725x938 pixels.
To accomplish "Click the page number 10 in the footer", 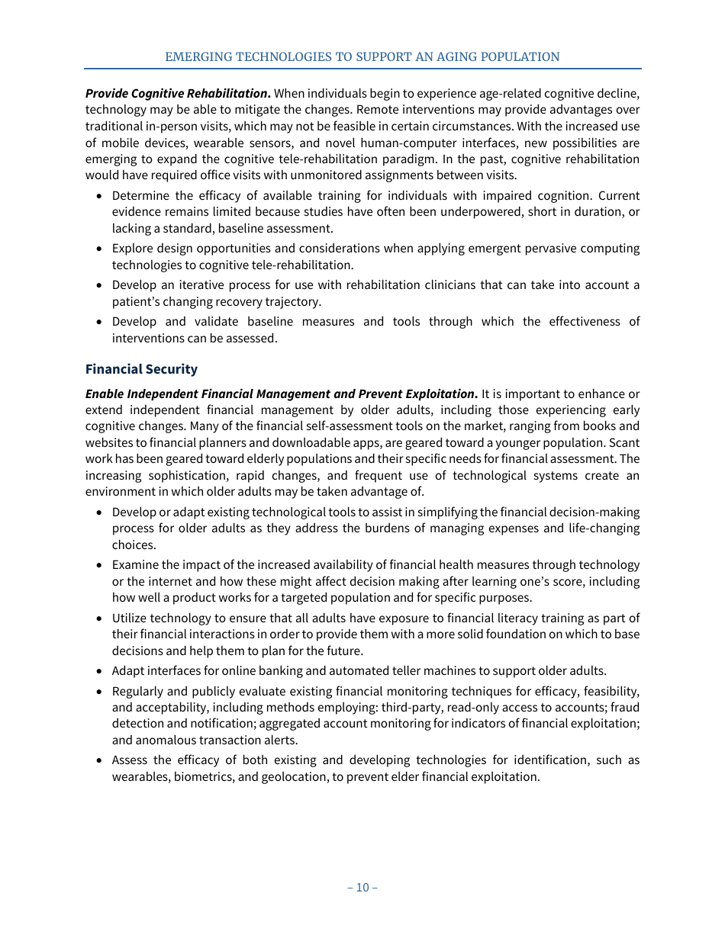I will click(x=362, y=887).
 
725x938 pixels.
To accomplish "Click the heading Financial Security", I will click(x=141, y=369).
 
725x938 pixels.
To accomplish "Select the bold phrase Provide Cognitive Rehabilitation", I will click(x=177, y=94).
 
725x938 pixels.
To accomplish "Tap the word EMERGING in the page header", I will click(x=195, y=57).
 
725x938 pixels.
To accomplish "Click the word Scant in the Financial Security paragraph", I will click(x=625, y=443).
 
